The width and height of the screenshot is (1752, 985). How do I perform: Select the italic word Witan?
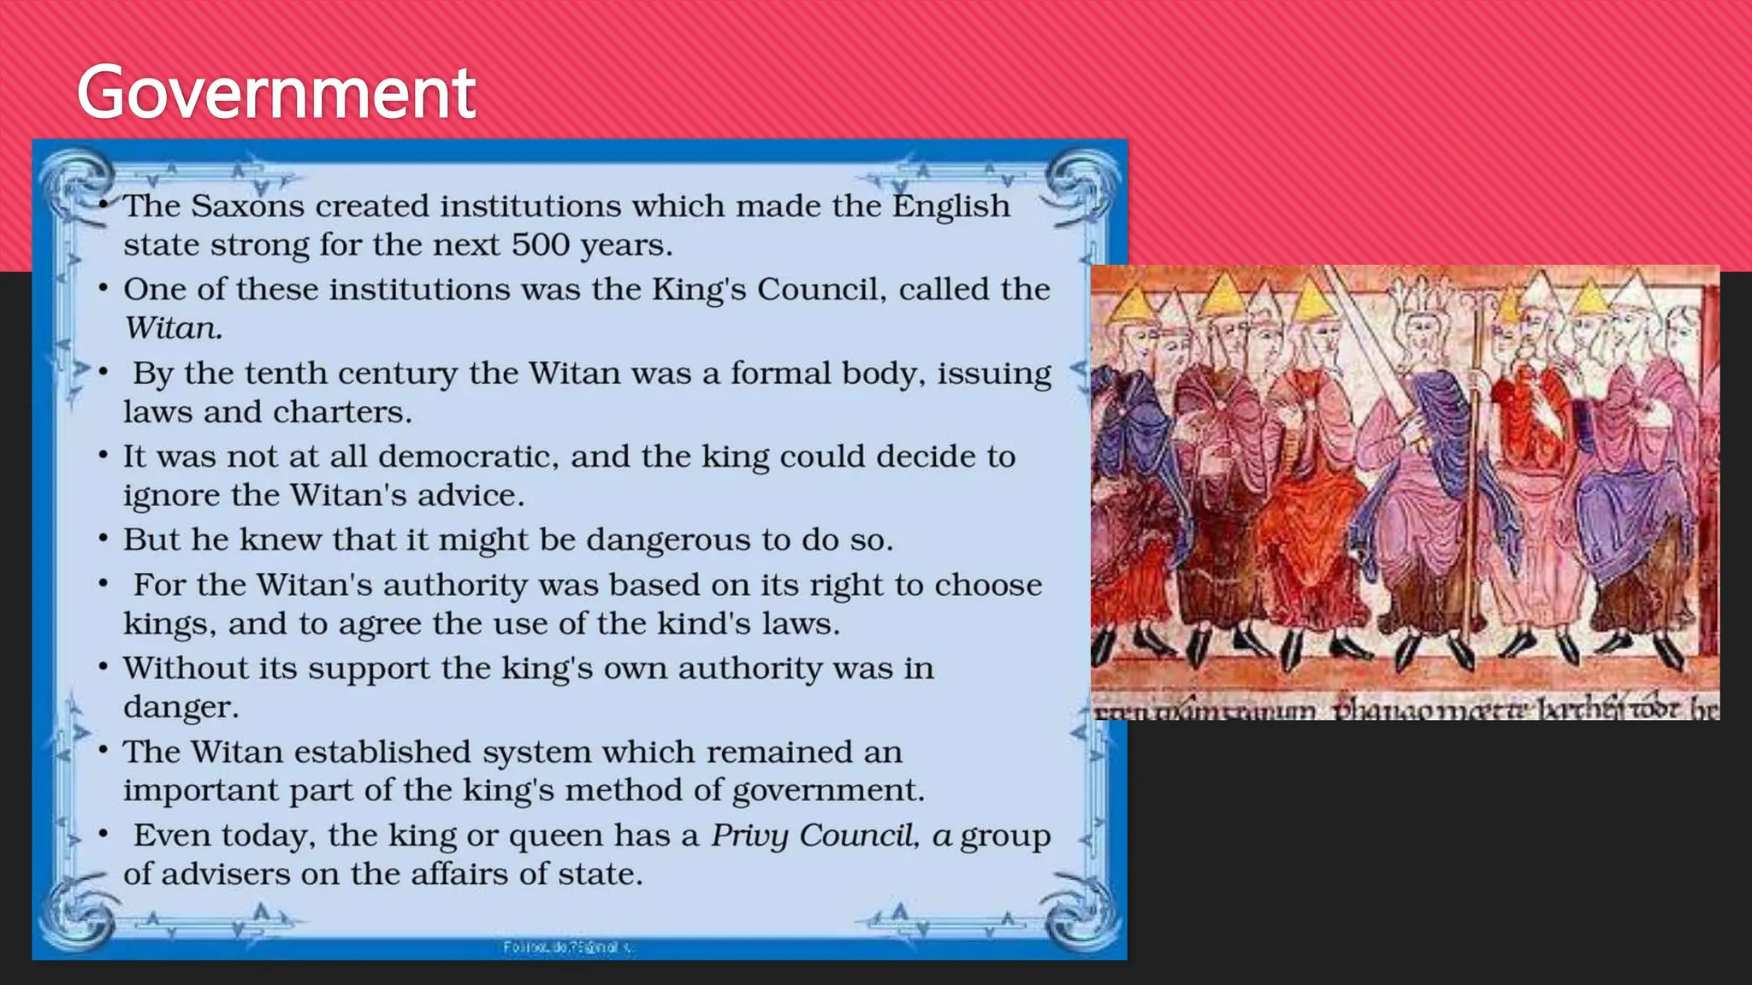tap(173, 328)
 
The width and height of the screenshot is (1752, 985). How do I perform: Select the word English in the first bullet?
tap(951, 206)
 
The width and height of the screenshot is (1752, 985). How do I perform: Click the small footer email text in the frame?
tap(568, 947)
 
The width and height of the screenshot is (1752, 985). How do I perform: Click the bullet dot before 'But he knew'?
tap(103, 540)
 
